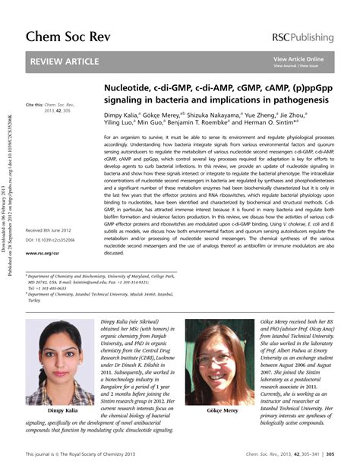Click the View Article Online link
[298, 58]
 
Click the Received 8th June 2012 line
[49, 229]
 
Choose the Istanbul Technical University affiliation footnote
[106, 299]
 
